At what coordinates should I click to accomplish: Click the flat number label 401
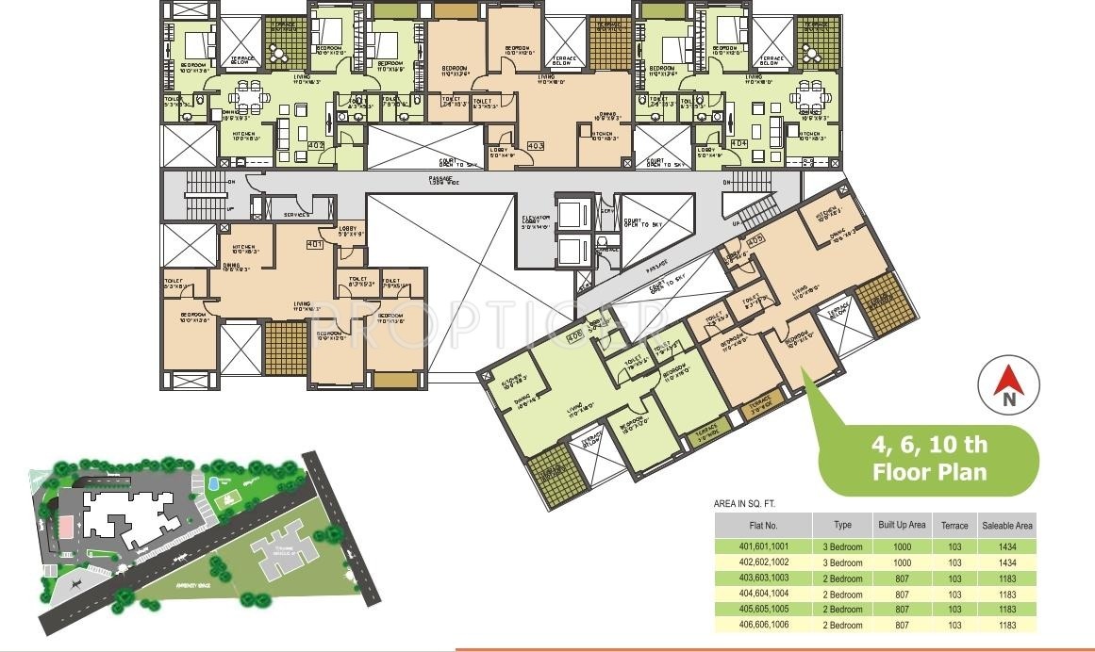(x=315, y=244)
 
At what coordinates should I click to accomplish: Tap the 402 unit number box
(x=316, y=146)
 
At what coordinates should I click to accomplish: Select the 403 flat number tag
(x=536, y=146)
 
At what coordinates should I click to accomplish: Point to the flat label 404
(x=738, y=144)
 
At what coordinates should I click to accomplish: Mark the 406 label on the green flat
(x=573, y=336)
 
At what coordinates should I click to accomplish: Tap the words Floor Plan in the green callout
(x=930, y=471)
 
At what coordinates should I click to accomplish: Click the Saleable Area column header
(x=1006, y=525)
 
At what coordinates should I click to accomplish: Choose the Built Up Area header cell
(x=902, y=525)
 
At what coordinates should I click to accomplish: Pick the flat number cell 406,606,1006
(x=762, y=626)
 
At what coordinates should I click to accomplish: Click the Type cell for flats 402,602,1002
(x=843, y=562)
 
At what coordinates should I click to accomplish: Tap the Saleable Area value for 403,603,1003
(x=1006, y=579)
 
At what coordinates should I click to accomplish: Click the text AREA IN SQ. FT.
(x=750, y=505)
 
